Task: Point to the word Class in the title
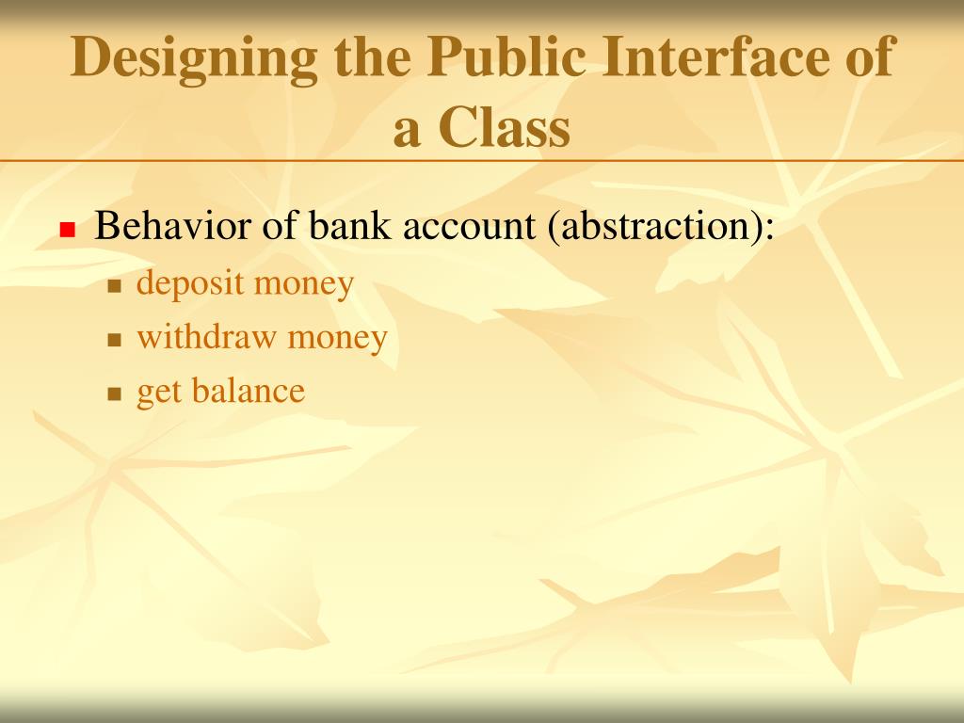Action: pyautogui.click(x=506, y=129)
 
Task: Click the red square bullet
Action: pyautogui.click(x=67, y=230)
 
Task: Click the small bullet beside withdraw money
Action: pyautogui.click(x=116, y=340)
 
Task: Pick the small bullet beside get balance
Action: pyautogui.click(x=116, y=394)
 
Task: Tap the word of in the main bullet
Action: pyautogui.click(x=279, y=227)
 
